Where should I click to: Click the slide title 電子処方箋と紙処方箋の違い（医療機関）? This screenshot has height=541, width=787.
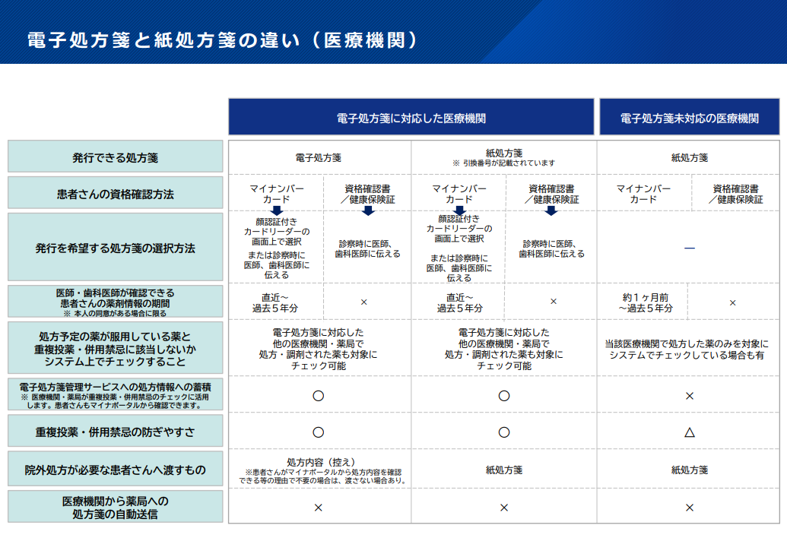[222, 40]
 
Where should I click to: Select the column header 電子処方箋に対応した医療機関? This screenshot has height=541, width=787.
[411, 119]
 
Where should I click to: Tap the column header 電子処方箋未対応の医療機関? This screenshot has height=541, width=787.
[689, 119]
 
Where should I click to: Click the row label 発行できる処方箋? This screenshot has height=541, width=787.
[115, 157]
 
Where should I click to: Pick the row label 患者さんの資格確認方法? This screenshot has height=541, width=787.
[115, 194]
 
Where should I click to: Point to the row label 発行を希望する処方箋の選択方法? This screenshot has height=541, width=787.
[115, 248]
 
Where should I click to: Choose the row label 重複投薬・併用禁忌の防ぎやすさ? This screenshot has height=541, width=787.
[115, 432]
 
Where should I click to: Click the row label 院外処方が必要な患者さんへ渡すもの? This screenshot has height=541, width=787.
[115, 470]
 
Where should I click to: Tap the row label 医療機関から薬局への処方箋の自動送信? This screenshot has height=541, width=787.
[115, 508]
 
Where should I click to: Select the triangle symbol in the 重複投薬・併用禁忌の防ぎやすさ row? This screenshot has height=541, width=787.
[690, 432]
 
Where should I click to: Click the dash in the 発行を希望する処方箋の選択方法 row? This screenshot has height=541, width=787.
[690, 248]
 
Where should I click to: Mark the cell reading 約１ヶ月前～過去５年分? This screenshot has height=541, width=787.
[645, 303]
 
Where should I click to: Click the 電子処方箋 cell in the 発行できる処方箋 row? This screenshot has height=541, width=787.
[318, 157]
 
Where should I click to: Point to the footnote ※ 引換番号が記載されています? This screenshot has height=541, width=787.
[504, 163]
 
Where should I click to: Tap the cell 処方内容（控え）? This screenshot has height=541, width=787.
[321, 462]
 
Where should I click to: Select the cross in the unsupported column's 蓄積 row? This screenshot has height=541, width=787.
[690, 396]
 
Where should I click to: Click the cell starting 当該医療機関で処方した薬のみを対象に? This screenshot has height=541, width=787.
[686, 350]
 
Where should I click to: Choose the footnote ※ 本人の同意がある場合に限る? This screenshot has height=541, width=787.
[115, 313]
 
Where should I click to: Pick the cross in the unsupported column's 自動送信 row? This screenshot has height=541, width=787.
[690, 508]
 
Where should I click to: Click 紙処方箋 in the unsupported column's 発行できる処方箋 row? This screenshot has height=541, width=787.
[690, 157]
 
